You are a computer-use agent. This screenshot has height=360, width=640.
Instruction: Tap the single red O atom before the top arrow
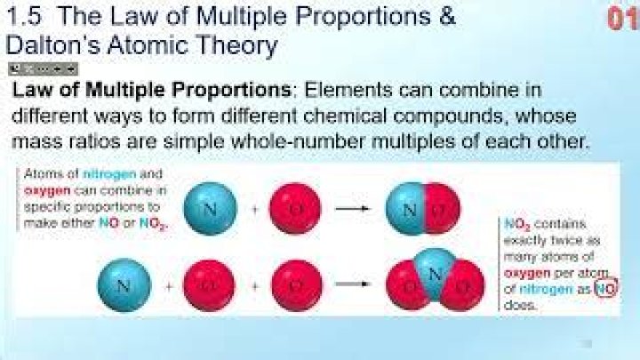click(295, 211)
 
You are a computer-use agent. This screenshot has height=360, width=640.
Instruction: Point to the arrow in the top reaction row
click(351, 210)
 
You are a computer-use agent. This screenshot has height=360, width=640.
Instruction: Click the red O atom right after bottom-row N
click(208, 285)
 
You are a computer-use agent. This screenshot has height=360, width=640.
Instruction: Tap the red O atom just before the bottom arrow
click(295, 285)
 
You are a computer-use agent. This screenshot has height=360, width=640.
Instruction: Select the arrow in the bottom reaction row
click(351, 285)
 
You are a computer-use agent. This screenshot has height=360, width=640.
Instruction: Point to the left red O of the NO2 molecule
click(411, 290)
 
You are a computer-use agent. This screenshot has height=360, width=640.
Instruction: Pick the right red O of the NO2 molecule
click(460, 290)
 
